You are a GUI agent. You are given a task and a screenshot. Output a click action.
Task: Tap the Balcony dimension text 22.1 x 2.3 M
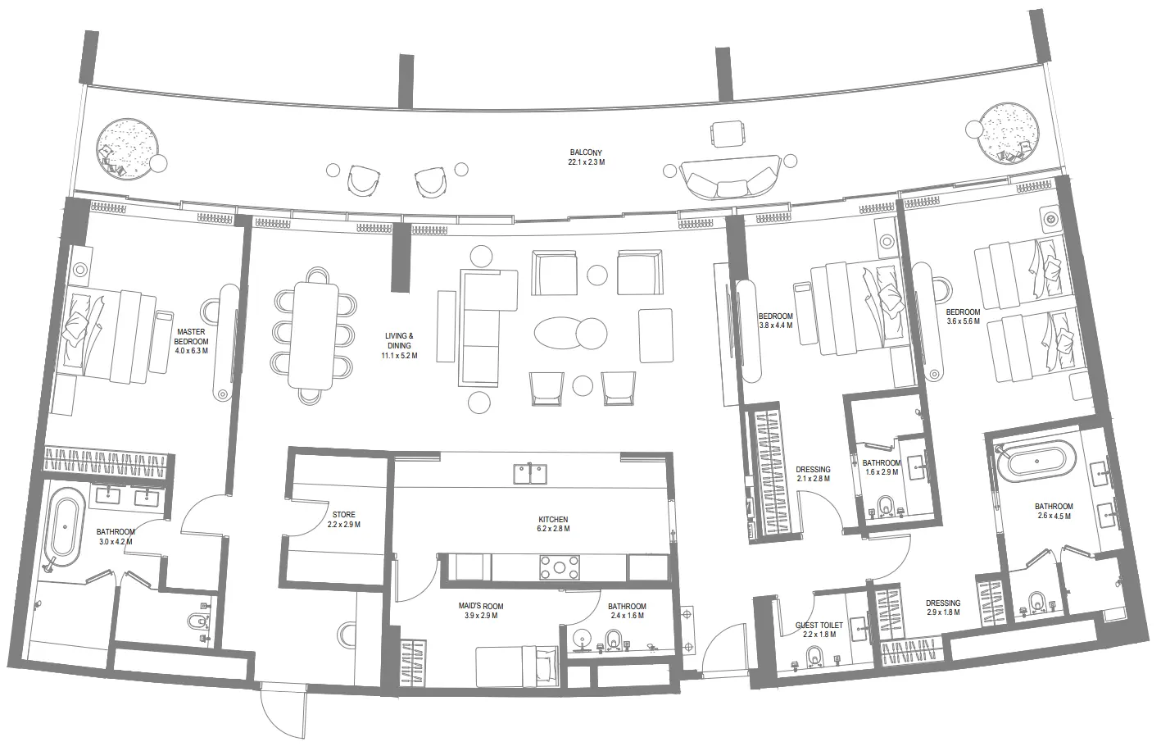coord(586,162)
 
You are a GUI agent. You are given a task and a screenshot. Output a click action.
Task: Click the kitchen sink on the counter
coord(530,474)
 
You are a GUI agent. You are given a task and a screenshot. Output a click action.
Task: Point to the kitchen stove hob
coord(560,567)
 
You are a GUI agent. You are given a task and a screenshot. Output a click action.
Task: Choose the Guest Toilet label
coord(819,626)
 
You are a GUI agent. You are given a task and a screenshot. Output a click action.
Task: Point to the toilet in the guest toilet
coord(814,657)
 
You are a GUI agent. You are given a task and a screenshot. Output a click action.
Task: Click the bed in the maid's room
coord(517,666)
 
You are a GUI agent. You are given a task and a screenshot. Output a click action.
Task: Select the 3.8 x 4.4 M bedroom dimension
coord(775,325)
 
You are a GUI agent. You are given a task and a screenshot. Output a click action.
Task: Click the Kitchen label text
coord(553,519)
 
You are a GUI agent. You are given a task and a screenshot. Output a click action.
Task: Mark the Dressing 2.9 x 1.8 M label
coord(943,608)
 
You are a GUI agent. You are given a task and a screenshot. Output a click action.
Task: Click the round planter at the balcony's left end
coord(128,147)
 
